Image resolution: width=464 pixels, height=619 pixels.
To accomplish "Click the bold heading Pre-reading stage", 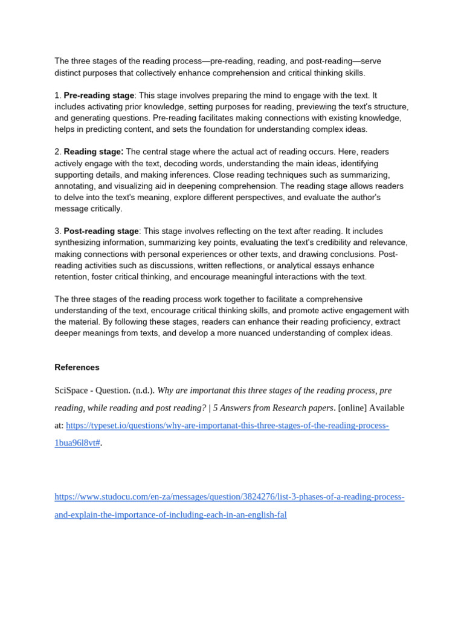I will (x=98, y=96).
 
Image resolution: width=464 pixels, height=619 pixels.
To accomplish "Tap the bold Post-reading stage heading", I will (x=101, y=232).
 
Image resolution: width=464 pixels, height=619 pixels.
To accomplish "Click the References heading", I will (x=77, y=368).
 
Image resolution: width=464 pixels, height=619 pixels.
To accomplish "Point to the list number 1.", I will (x=57, y=96).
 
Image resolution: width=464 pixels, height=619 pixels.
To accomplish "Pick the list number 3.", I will (x=57, y=232).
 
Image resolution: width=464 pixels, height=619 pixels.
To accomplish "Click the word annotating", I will (x=76, y=186).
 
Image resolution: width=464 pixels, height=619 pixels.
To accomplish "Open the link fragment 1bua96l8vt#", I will (x=77, y=443).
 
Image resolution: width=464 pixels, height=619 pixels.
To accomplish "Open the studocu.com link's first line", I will (x=229, y=497).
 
